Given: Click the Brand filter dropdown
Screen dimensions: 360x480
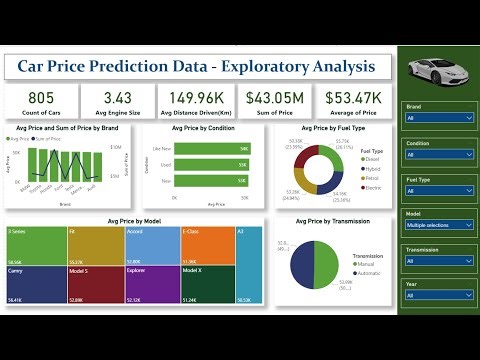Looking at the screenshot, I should coord(437,117).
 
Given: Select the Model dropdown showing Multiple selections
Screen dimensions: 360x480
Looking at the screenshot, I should coord(437,226).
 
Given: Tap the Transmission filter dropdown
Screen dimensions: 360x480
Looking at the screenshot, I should coord(437,262).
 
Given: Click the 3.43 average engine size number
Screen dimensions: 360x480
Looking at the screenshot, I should coord(113,97).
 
